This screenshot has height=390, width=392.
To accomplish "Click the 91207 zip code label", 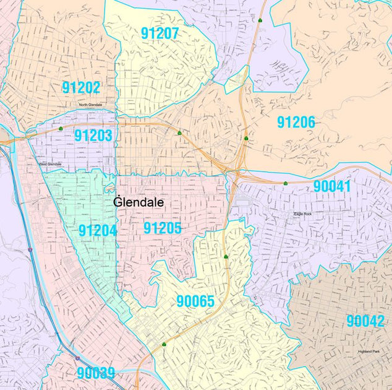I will click(160, 35).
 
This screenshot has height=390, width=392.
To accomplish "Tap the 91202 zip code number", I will click(81, 87).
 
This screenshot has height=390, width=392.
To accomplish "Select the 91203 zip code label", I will click(93, 135).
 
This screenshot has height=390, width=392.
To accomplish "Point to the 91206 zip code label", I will click(296, 122).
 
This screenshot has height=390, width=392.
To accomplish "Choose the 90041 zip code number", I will click(332, 186).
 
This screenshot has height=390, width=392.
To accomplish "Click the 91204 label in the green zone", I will click(98, 230).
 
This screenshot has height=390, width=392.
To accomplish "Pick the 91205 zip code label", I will click(163, 228).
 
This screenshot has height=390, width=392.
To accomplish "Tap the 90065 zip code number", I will click(195, 301).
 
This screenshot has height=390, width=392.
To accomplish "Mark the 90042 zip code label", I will click(365, 321).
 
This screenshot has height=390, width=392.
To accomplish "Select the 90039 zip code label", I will click(96, 373).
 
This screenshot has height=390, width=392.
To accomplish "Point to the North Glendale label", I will click(90, 105).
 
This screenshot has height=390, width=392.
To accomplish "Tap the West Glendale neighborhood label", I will click(50, 164).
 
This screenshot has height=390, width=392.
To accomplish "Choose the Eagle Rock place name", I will click(304, 214).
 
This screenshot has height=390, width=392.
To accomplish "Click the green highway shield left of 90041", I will click(285, 183).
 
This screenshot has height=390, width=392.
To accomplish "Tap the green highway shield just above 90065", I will click(226, 256).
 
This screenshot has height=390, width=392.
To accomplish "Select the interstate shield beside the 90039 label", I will click(77, 358).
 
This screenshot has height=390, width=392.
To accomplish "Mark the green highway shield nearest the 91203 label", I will click(60, 129).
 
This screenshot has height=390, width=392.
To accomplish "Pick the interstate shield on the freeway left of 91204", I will click(30, 249).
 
